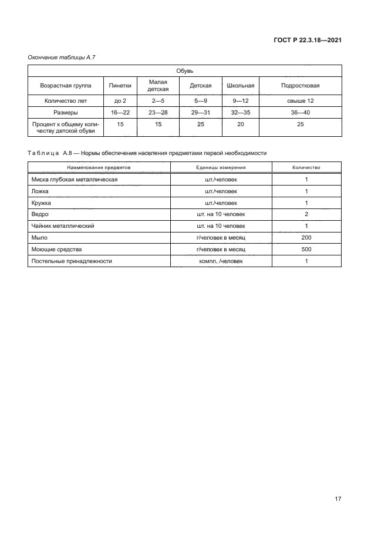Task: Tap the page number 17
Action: pyautogui.click(x=338, y=499)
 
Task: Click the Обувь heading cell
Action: pyautogui.click(x=184, y=70)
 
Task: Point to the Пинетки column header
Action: pyautogui.click(x=120, y=85)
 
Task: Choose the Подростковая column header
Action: pyautogui.click(x=301, y=85)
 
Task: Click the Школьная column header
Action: pyautogui.click(x=240, y=85)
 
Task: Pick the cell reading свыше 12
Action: pyautogui.click(x=301, y=100)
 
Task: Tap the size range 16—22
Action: pyautogui.click(x=120, y=112)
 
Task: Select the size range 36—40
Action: pyautogui.click(x=301, y=112)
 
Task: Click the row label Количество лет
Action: pyautogui.click(x=66, y=100)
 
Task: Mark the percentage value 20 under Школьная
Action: pyautogui.click(x=240, y=124)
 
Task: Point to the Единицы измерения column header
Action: pyautogui.click(x=221, y=167)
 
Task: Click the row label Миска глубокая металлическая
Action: pyautogui.click(x=74, y=179)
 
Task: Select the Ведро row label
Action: pyautogui.click(x=41, y=214)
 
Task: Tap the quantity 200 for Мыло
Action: pyautogui.click(x=306, y=238)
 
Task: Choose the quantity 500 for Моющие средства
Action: pyautogui.click(x=306, y=249)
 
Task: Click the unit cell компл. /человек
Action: pyautogui.click(x=221, y=261)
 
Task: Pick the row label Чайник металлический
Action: pyautogui.click(x=63, y=226)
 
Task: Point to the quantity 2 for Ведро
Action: pyautogui.click(x=306, y=214)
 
